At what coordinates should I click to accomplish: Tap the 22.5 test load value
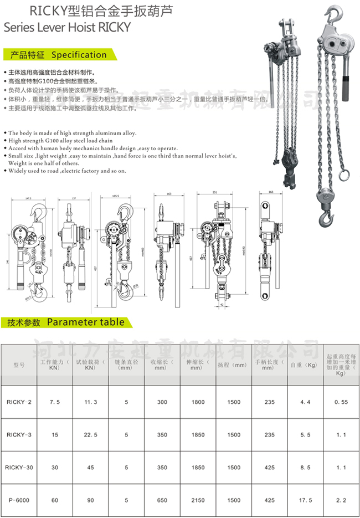(90, 435)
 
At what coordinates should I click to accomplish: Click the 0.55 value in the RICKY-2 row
(341, 402)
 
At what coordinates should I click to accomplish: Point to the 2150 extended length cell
(198, 500)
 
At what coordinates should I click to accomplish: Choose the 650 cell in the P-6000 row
(162, 500)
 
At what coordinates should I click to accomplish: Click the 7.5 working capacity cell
(54, 402)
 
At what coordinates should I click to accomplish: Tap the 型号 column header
(18, 366)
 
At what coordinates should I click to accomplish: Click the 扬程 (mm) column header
(232, 366)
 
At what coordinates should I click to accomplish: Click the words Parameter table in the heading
(85, 322)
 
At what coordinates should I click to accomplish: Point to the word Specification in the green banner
(79, 55)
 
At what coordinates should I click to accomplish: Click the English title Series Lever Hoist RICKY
(67, 27)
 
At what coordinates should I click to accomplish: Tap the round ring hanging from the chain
(344, 175)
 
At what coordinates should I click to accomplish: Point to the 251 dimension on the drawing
(214, 193)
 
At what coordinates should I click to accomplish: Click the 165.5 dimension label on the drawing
(115, 196)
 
